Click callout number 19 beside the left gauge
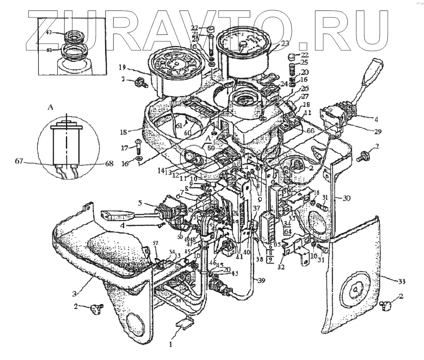122,68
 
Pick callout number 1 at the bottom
171,344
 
